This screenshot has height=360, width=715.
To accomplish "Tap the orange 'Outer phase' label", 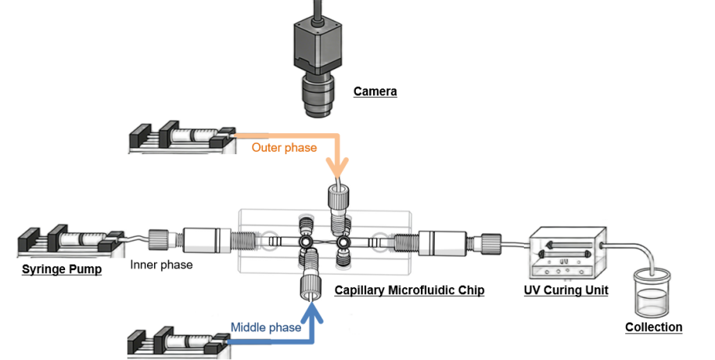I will tap(284, 147).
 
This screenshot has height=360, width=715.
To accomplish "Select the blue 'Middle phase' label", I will tap(265, 328).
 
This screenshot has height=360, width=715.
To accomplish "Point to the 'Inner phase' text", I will tap(161, 265).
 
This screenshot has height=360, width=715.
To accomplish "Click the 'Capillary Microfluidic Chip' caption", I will tap(409, 290).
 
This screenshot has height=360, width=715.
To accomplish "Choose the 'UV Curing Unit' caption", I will tap(566, 290).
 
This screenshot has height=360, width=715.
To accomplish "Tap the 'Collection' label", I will tap(653, 326).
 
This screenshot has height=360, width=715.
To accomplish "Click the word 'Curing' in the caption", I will tap(566, 290).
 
